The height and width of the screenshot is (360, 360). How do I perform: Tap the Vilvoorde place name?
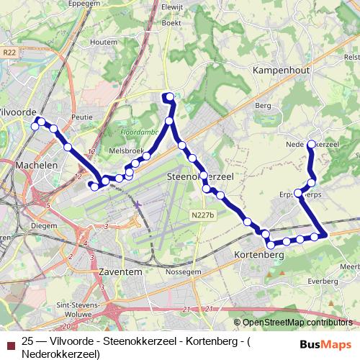[19, 112]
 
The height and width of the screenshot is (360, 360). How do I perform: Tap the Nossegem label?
[184, 272]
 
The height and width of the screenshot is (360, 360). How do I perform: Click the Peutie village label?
[84, 116]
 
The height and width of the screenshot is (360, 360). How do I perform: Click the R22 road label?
[9, 53]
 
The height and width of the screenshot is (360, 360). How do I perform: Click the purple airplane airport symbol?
[138, 206]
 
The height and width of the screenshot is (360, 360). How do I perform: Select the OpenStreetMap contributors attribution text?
[297, 323]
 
